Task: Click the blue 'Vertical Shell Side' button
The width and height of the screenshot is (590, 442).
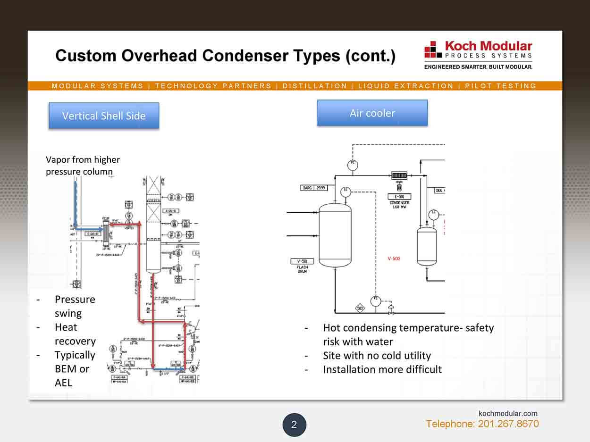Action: pos(104,116)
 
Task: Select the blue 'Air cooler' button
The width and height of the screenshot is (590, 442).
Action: pos(372,113)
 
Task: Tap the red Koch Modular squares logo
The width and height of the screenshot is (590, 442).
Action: pos(433,49)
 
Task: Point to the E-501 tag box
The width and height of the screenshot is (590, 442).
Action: pos(399,196)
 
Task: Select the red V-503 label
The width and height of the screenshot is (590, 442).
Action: pos(394,259)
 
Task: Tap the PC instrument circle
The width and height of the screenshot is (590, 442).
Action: pos(352,165)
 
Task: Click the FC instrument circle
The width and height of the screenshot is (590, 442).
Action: pos(376,300)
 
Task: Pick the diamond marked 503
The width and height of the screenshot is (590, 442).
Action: pos(360,309)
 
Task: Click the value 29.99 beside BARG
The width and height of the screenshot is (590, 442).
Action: pos(320,188)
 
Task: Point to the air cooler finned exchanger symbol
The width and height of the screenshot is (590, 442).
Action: pos(399,175)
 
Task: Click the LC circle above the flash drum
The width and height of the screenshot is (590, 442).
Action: pos(346,191)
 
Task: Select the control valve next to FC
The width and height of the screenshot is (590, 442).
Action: pos(391,310)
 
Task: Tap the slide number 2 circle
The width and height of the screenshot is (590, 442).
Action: pos(294,425)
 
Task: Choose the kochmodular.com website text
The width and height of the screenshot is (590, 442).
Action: pos(508,413)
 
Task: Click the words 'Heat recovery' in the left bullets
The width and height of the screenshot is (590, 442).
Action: pos(75,334)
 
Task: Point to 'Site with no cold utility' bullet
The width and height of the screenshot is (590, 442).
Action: pos(377,355)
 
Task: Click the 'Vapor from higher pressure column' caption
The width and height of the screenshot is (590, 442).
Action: pos(83,166)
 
